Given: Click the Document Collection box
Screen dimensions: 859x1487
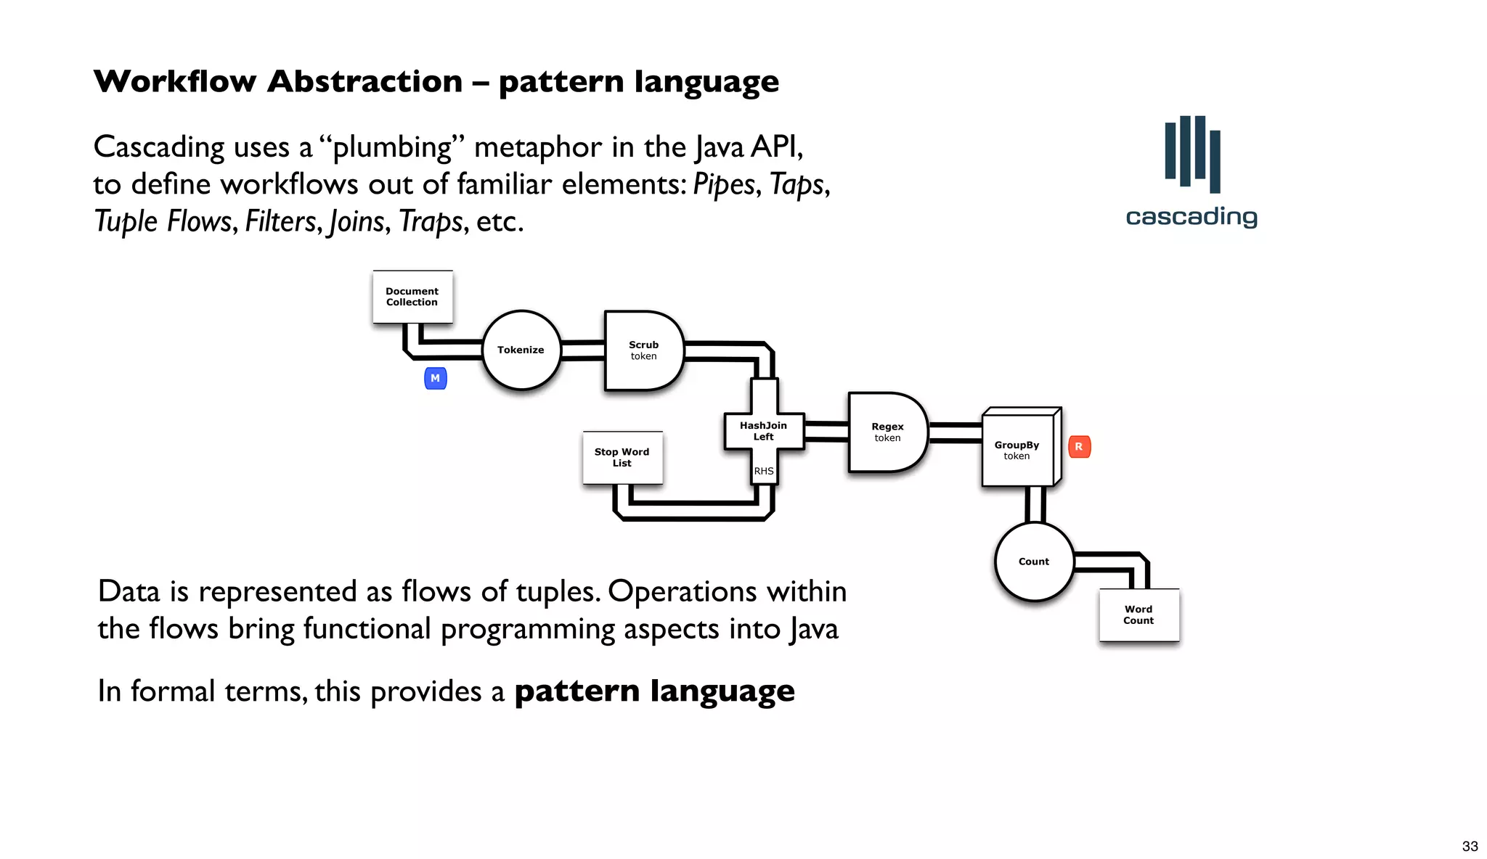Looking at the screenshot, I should click(412, 297).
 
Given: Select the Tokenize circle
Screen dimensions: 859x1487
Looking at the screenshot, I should click(521, 350).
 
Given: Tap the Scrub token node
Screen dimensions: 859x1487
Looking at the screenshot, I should click(643, 350).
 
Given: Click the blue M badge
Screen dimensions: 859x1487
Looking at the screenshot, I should click(435, 378).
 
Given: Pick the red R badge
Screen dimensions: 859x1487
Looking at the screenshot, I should click(1079, 447).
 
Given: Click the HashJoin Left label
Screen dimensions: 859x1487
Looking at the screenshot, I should click(763, 431).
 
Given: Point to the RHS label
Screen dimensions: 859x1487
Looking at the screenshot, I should click(764, 471).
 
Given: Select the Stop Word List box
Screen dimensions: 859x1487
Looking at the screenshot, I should click(622, 458).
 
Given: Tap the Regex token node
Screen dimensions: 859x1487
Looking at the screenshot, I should click(887, 432).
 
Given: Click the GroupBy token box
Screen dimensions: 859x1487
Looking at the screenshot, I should click(1017, 451).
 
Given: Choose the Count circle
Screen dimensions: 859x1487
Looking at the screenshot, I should click(1034, 562).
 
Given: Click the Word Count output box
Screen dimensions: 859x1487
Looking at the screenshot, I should click(1138, 615).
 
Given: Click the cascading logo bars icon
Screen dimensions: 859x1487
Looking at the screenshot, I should click(1192, 153).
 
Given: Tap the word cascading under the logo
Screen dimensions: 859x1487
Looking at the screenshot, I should click(1191, 217).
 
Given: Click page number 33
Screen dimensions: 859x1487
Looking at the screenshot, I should click(1470, 846).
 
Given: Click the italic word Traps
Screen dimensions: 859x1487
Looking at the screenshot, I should click(431, 221).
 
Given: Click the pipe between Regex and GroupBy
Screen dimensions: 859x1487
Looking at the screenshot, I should click(955, 433).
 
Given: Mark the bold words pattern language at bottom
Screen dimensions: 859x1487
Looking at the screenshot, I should click(654, 691).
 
